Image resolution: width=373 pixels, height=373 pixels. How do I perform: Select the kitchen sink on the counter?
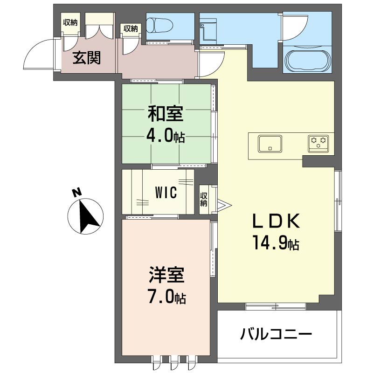270,144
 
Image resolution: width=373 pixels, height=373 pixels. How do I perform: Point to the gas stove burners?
318,144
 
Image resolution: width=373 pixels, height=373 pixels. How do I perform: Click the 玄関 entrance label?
87,58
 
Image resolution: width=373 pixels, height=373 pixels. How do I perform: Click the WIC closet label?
166,193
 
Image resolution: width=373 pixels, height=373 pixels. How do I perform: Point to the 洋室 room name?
166,275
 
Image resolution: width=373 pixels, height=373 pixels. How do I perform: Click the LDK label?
276,221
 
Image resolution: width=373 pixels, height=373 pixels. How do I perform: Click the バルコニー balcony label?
276,334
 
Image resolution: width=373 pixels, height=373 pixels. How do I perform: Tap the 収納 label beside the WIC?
204,200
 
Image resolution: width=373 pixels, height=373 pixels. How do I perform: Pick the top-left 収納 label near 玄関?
70,22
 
